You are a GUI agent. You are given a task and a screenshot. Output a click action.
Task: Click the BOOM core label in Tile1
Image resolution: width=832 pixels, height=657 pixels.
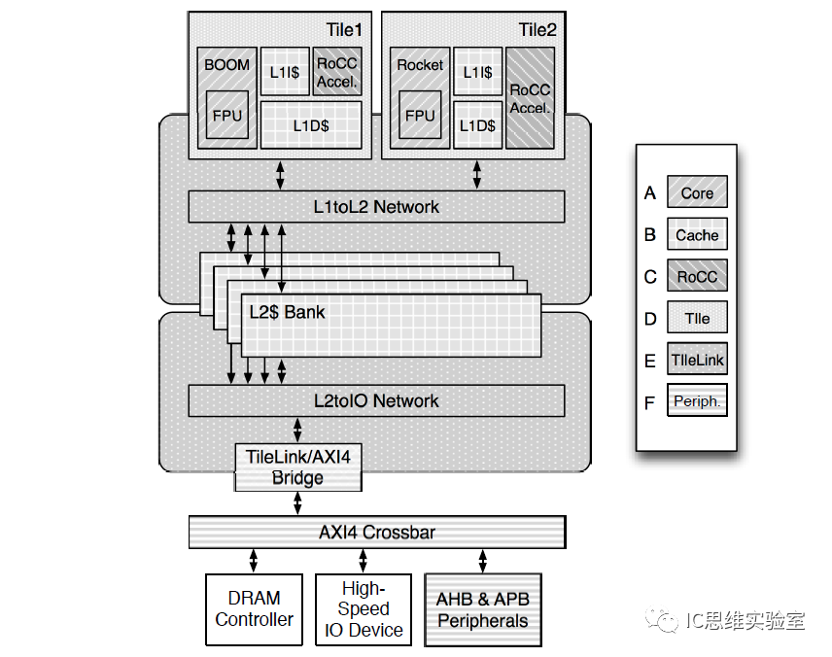click(x=226, y=65)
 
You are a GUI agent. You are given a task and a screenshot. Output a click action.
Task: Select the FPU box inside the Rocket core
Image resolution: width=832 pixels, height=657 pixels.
click(x=420, y=116)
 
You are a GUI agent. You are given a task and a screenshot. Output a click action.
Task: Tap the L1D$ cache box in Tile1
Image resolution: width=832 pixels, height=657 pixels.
click(x=311, y=125)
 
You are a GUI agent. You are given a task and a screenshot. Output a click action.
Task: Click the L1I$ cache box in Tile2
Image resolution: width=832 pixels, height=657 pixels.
click(x=477, y=72)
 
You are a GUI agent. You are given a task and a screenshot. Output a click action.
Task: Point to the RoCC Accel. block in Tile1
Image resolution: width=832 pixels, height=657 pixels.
click(x=337, y=73)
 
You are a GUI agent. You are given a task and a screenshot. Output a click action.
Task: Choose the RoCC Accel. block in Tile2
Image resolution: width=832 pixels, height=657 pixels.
click(x=530, y=98)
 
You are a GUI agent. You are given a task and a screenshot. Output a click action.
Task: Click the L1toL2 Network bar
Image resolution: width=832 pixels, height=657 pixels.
click(x=376, y=206)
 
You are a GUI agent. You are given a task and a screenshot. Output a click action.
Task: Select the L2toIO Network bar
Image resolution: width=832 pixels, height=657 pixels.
click(x=376, y=400)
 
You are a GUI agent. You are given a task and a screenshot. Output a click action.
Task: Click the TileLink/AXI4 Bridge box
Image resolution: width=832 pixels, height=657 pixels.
click(x=297, y=467)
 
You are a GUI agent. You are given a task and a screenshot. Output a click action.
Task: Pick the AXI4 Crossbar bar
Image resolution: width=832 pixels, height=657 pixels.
click(x=376, y=533)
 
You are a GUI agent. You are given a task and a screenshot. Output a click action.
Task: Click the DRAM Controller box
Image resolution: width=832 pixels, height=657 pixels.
click(x=255, y=609)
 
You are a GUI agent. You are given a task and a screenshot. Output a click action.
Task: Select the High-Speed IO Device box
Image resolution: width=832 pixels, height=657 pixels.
click(x=364, y=609)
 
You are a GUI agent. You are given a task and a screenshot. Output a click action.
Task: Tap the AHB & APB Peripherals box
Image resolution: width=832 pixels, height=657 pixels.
click(x=482, y=609)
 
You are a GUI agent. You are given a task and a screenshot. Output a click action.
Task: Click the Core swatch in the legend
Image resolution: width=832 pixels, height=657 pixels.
click(x=697, y=193)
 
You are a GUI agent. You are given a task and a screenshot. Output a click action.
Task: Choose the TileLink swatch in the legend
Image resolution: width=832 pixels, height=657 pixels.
click(x=697, y=360)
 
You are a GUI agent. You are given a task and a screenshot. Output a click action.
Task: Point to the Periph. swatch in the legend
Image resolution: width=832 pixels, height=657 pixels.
click(x=697, y=401)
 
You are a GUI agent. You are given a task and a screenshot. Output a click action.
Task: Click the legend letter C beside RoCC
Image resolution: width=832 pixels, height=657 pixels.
click(x=650, y=277)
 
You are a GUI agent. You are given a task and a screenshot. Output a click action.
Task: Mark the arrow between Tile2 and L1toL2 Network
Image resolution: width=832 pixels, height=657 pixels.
click(x=477, y=174)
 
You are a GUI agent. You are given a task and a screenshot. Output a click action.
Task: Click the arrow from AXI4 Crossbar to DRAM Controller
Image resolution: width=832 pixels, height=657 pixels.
click(x=255, y=561)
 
